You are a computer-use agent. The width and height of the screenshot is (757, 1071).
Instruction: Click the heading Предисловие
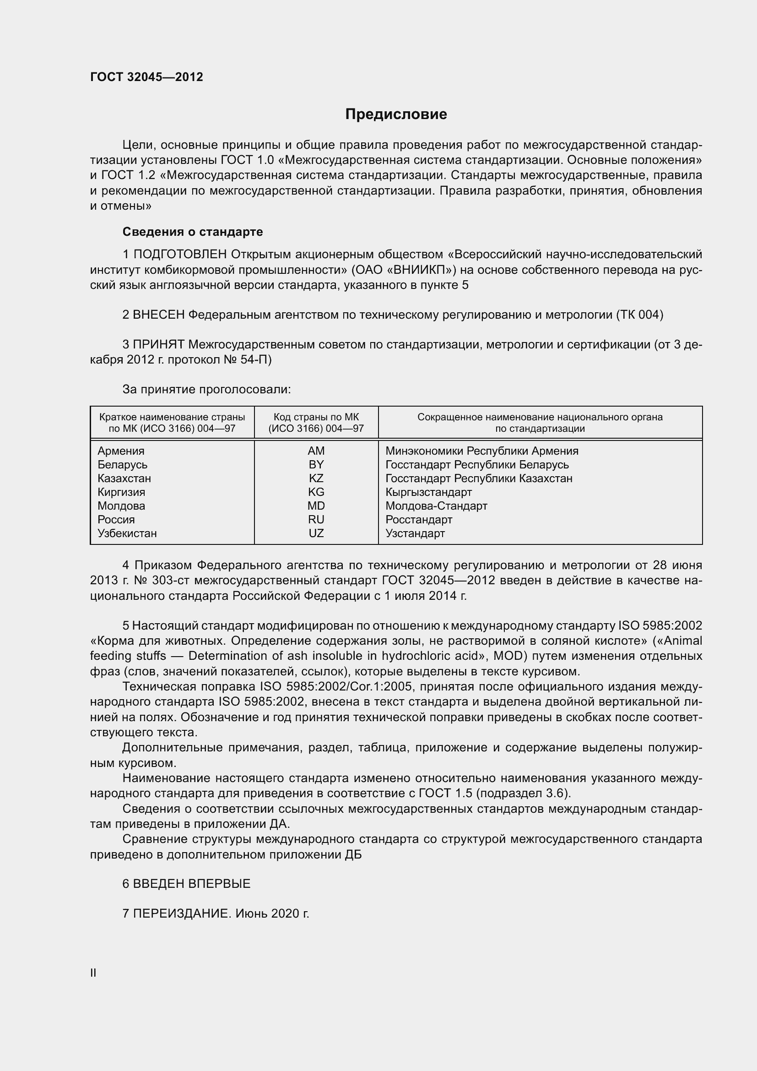[396, 114]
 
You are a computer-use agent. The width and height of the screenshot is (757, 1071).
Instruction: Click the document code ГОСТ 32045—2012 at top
[146, 77]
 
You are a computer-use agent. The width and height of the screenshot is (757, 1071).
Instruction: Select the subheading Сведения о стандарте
[193, 232]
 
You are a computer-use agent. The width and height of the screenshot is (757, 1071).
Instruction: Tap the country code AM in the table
[316, 451]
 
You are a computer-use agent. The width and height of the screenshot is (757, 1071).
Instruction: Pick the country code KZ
[316, 478]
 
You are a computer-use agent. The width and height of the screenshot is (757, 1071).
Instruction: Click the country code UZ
[316, 533]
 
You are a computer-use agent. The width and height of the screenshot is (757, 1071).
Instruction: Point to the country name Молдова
[121, 506]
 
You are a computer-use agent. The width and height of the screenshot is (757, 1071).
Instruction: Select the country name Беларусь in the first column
[122, 465]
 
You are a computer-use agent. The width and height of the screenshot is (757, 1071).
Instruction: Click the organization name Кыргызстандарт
[428, 493]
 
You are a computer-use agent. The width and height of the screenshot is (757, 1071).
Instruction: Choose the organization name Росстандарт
[419, 520]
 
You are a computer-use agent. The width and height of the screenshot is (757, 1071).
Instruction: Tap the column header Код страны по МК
[316, 417]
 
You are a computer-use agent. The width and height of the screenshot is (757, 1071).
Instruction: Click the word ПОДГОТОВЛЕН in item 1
[180, 255]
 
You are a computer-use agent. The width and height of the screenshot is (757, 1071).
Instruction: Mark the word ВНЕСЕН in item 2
[158, 315]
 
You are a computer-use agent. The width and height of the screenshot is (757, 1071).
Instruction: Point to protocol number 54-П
[255, 360]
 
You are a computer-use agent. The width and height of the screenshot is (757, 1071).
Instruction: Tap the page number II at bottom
[93, 973]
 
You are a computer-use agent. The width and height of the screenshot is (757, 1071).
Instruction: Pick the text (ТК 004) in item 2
[639, 315]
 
